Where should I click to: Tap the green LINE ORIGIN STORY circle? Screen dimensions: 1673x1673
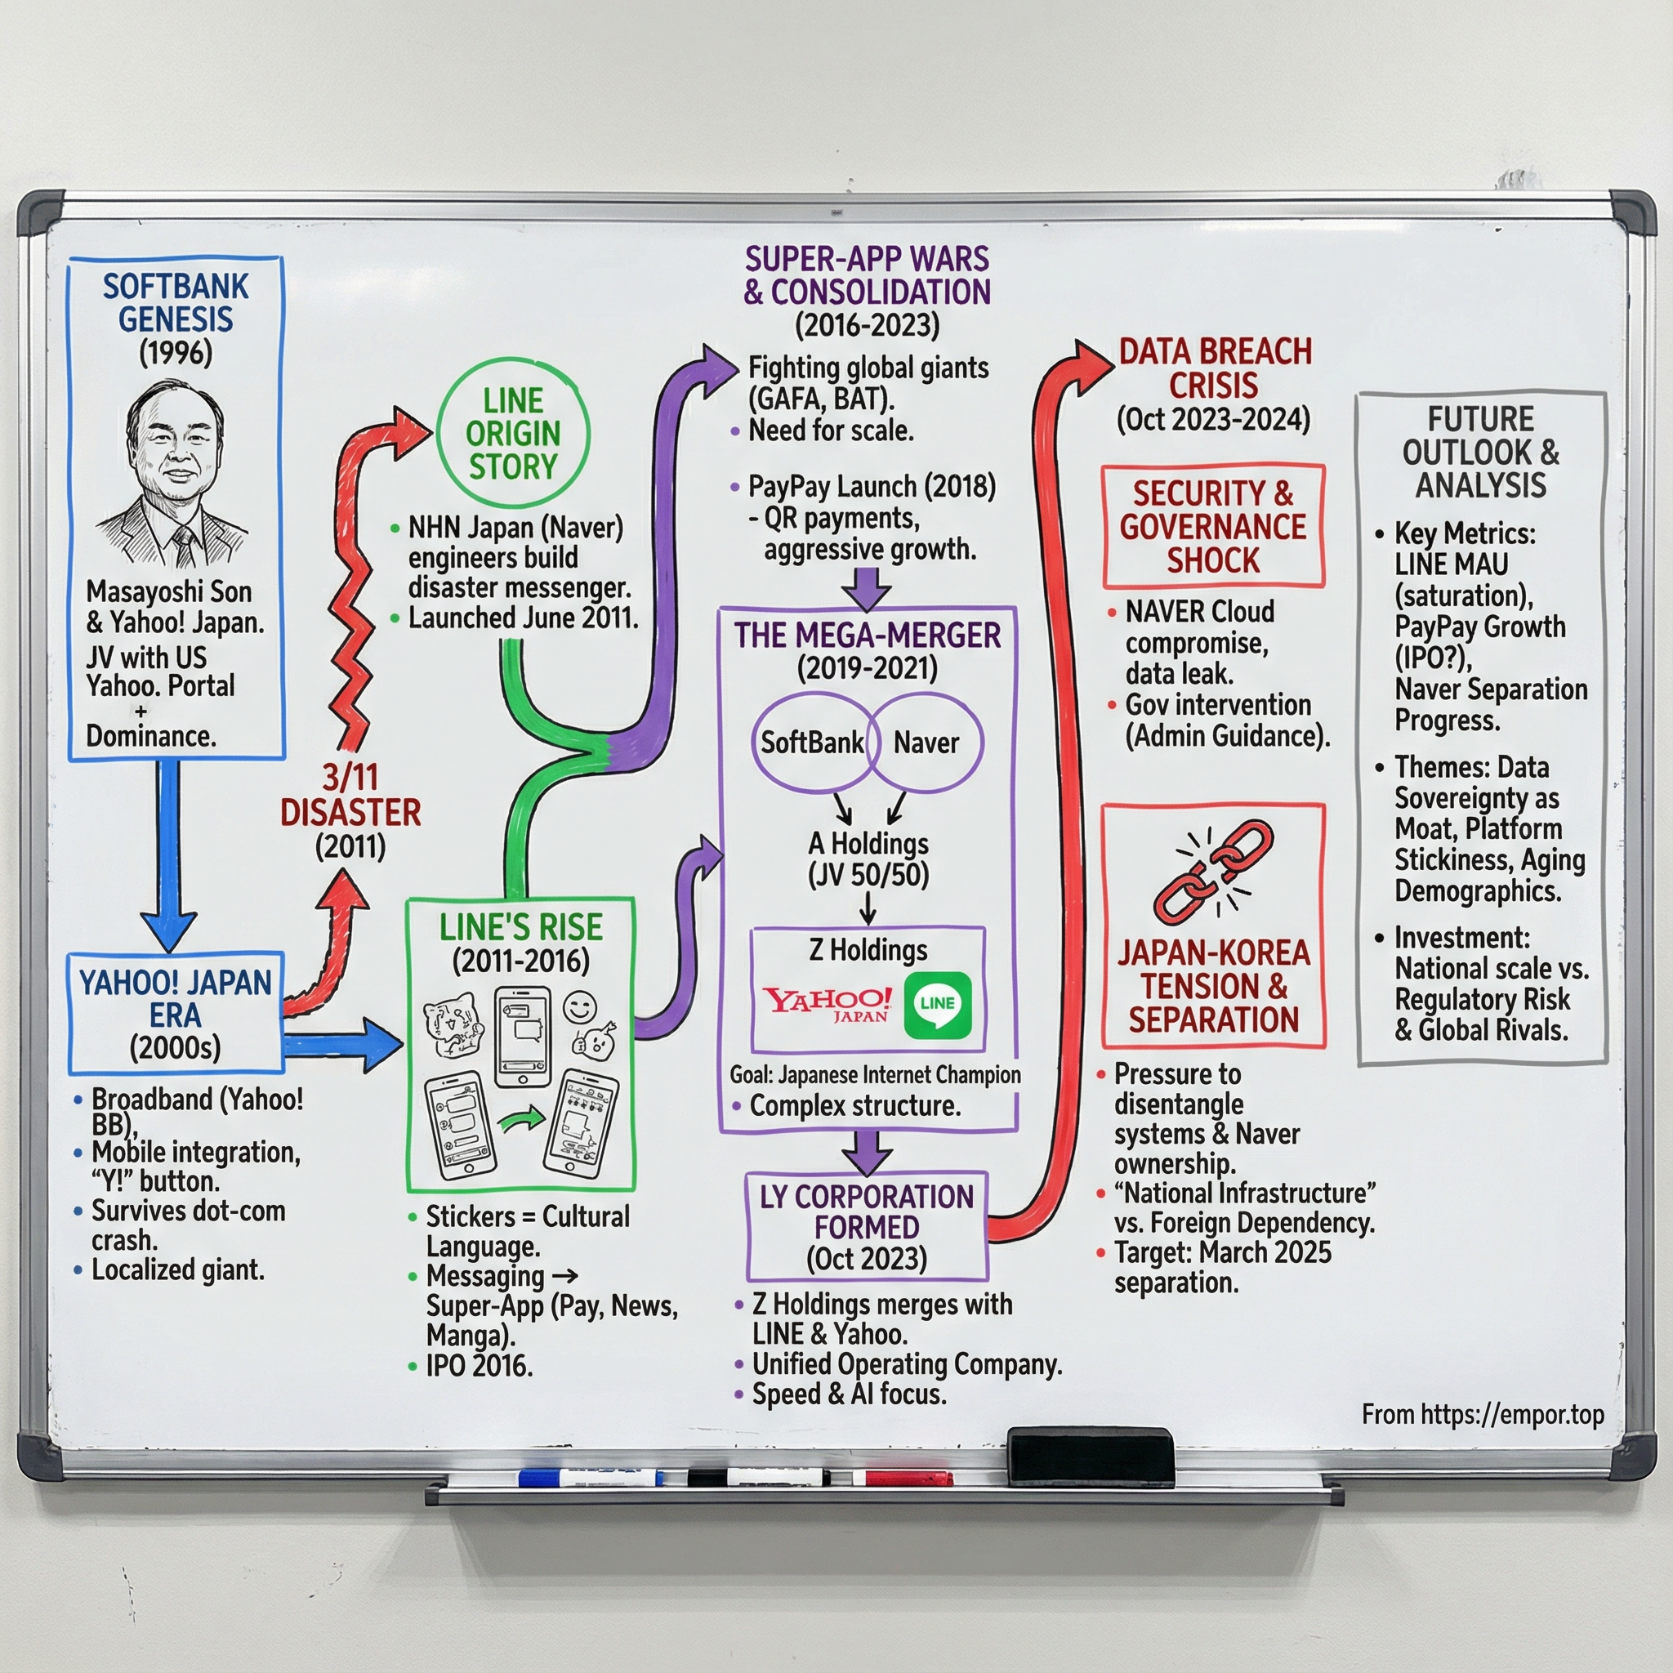tap(513, 433)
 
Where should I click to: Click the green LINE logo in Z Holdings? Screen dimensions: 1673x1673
tap(937, 1004)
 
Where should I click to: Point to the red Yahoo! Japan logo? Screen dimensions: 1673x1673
tap(827, 1005)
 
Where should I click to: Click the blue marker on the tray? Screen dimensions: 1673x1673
tap(589, 1477)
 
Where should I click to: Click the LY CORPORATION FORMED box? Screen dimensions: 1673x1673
tap(867, 1226)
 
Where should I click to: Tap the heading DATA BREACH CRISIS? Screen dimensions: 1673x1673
tap(1214, 368)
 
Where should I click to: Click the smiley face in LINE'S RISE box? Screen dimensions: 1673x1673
tap(579, 1006)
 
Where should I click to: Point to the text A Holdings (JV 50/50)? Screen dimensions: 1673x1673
tap(868, 859)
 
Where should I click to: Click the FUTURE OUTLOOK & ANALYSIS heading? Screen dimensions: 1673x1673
tap(1481, 452)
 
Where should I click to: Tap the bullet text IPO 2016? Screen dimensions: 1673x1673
tap(479, 1367)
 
